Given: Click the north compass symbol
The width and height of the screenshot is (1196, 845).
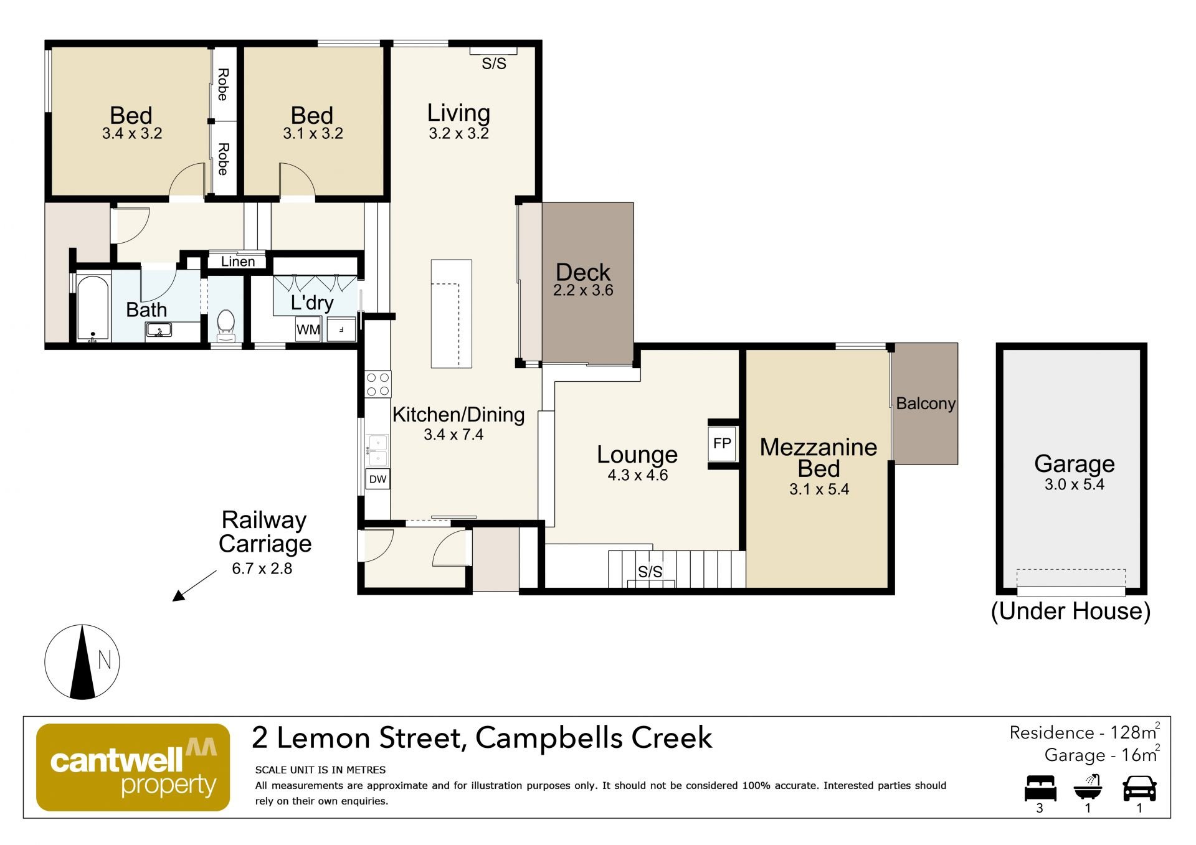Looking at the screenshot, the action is [82, 662].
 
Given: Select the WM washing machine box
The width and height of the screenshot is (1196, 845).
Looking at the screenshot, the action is [308, 329].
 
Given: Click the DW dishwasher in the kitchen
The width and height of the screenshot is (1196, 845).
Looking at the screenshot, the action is [377, 479].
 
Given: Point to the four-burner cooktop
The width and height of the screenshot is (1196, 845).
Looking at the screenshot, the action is [378, 384].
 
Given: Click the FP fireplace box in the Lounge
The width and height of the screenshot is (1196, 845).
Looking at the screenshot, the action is [722, 443].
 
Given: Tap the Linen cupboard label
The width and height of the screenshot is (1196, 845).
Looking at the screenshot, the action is [238, 262].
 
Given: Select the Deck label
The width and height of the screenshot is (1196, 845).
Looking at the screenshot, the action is [583, 272].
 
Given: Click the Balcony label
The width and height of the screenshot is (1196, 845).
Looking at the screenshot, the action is [926, 404].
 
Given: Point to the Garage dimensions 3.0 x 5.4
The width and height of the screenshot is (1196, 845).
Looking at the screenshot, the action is [1074, 484].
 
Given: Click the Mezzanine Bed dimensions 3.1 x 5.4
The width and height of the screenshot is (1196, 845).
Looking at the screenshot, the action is [819, 489].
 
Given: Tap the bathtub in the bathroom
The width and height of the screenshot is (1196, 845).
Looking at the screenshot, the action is [93, 308].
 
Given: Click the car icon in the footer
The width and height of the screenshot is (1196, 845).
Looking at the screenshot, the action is [1139, 788].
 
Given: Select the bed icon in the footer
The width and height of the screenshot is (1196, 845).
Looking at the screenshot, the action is [1040, 788].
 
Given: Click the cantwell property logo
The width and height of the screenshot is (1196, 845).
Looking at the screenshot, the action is [133, 767].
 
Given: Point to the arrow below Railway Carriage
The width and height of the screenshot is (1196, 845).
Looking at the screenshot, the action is [195, 585].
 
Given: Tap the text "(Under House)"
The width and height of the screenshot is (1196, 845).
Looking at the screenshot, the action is [1070, 611].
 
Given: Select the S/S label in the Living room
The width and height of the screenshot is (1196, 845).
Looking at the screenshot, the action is [494, 64].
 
